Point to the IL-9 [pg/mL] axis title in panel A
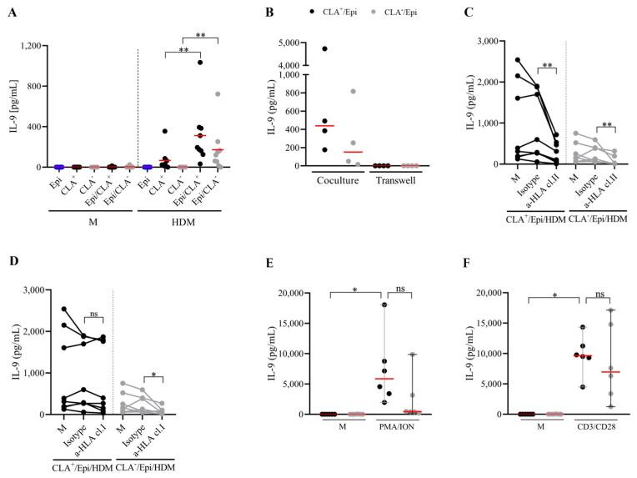coord(11,105)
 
